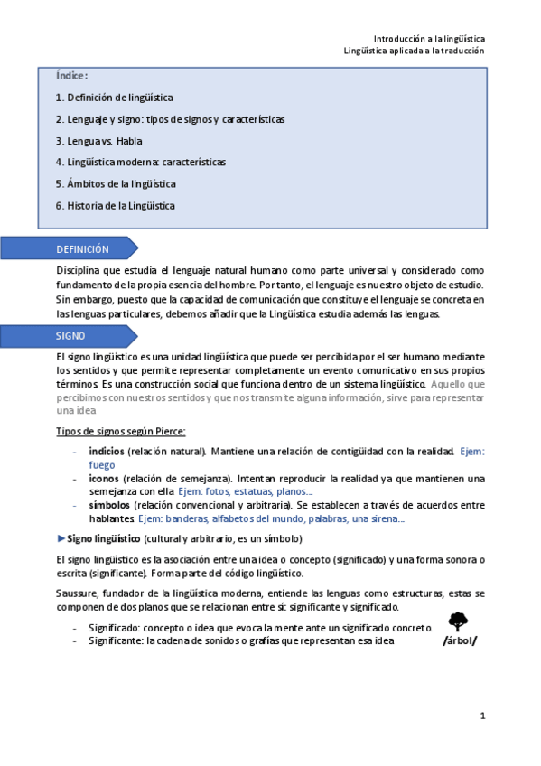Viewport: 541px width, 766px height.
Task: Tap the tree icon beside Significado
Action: click(459, 621)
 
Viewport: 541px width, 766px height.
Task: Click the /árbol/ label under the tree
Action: click(460, 641)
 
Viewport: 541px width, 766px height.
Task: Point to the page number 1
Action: click(483, 715)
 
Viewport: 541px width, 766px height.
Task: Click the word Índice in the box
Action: click(71, 76)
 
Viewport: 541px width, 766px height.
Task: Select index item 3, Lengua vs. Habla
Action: click(98, 141)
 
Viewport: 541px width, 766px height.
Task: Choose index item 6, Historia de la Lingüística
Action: click(115, 205)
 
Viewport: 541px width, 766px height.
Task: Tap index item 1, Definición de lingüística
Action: click(114, 98)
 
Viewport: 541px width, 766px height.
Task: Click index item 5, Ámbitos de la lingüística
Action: click(115, 183)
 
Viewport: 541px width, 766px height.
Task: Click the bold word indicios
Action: click(107, 451)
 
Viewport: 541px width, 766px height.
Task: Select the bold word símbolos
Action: click(109, 505)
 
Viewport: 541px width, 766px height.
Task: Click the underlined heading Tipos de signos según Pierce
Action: click(121, 431)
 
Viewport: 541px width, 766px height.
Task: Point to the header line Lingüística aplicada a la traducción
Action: click(415, 51)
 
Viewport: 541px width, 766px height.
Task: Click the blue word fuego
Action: click(102, 464)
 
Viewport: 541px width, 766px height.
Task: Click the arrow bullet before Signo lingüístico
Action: click(61, 538)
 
